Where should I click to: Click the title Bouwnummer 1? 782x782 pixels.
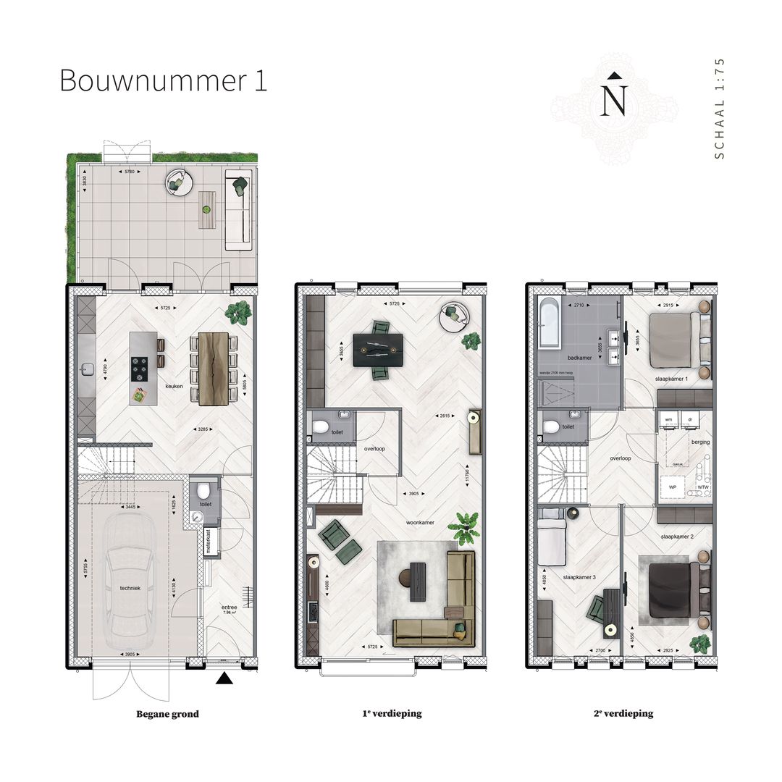click(163, 80)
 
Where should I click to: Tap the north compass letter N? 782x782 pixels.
click(614, 101)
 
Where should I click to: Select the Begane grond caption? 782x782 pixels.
click(167, 714)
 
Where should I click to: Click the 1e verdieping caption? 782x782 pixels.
click(392, 714)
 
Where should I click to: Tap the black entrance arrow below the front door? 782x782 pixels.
click(225, 678)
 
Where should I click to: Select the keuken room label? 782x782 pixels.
click(174, 387)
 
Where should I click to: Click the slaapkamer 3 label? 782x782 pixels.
click(579, 578)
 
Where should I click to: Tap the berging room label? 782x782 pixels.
click(700, 442)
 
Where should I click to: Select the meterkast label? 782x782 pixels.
click(209, 542)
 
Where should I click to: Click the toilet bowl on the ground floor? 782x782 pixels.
click(203, 491)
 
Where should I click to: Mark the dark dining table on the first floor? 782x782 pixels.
click(377, 350)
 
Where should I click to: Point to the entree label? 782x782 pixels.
click(230, 609)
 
